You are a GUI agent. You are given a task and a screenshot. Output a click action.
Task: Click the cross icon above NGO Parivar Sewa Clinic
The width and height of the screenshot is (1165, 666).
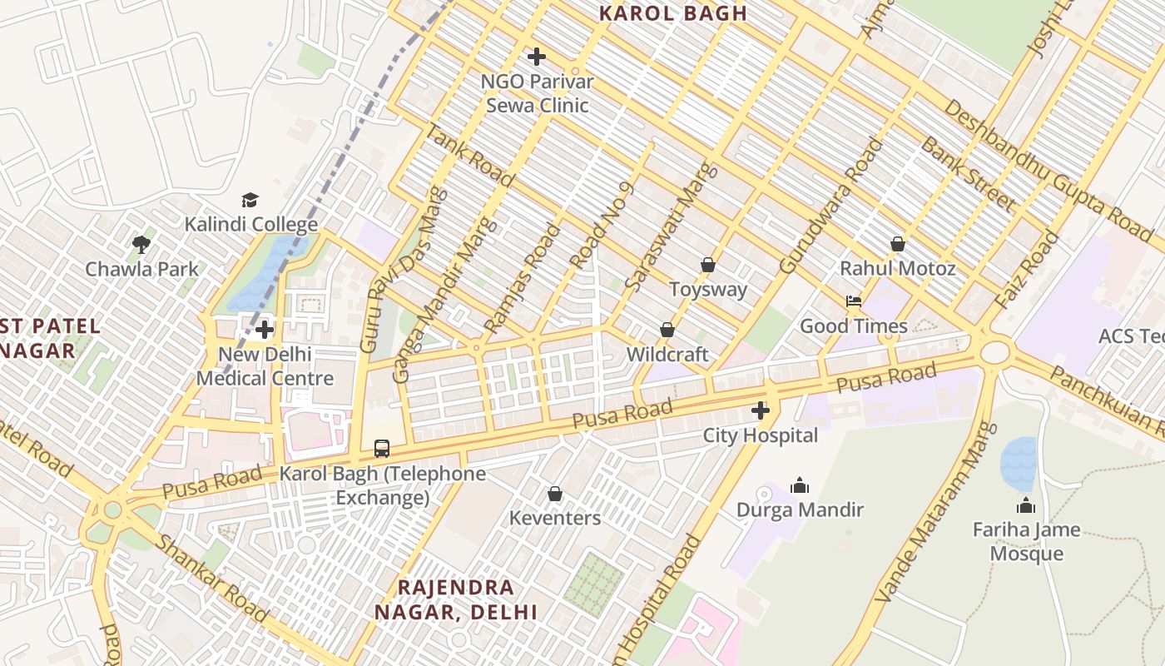tap(537, 57)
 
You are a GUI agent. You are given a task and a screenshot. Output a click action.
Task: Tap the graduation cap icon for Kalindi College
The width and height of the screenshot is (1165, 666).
tap(250, 200)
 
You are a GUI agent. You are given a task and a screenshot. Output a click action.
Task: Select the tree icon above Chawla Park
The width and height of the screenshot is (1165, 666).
tap(141, 244)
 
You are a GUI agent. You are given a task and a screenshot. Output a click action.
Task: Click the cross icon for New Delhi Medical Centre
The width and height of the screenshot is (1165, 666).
tap(265, 330)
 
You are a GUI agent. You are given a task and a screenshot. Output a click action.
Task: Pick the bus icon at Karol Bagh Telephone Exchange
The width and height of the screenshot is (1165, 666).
tap(382, 449)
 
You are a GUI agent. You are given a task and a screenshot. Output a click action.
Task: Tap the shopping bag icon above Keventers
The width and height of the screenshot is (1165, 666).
tap(555, 494)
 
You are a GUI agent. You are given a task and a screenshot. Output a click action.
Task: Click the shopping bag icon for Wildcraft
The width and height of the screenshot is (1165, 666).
tap(667, 330)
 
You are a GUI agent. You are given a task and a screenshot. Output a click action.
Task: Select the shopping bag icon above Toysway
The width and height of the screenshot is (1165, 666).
tap(708, 265)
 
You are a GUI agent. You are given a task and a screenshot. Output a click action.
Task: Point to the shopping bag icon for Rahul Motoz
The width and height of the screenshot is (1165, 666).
tap(897, 244)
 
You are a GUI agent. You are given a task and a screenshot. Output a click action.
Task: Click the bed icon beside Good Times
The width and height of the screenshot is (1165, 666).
tap(853, 301)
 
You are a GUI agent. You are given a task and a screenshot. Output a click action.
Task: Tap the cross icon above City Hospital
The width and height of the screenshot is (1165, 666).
tap(761, 410)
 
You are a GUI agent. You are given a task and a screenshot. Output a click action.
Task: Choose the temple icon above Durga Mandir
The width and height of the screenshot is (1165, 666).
tap(800, 485)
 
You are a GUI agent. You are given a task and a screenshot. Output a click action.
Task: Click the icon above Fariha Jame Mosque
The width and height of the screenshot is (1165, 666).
tap(1026, 505)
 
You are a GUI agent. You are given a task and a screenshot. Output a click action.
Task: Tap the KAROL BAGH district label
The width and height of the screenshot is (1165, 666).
tap(673, 13)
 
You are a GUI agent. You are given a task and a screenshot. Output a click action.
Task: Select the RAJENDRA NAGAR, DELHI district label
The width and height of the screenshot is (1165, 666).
tap(455, 599)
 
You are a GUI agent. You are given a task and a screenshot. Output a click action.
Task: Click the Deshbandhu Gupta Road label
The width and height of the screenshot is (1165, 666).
tap(1048, 171)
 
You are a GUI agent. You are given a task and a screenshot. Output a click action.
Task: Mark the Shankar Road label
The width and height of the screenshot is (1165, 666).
tap(212, 578)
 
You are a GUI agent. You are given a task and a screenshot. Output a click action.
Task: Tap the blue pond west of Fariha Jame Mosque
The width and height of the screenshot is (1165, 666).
tap(1019, 463)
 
